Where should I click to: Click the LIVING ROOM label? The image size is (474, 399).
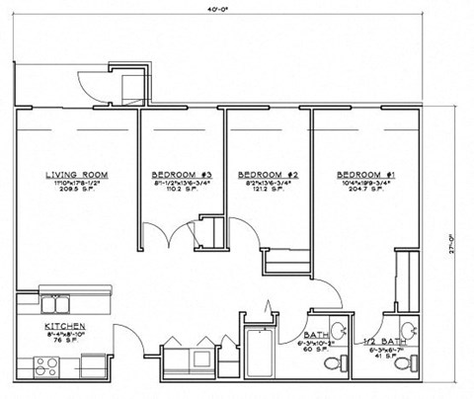pos(76,175)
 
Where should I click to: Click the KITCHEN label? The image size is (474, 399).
pos(63,326)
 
